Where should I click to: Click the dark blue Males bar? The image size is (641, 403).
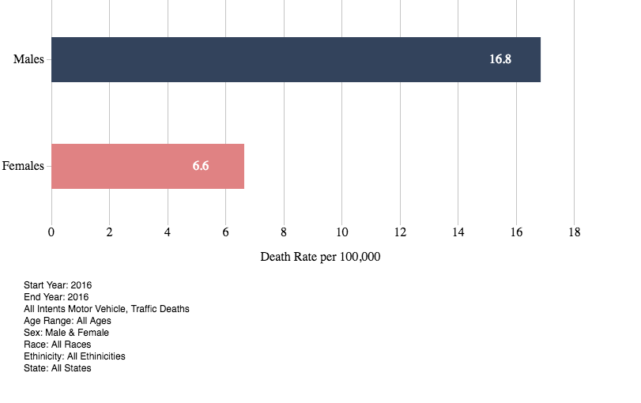296,59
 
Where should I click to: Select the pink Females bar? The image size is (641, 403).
148,166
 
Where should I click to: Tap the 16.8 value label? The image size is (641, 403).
500,59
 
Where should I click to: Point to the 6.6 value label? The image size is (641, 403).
201,166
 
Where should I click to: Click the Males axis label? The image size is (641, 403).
29,59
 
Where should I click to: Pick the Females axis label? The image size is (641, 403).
23,166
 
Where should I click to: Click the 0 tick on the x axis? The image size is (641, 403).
51,232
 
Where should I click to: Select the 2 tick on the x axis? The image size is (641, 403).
109,232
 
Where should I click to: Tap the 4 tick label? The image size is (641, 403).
168,232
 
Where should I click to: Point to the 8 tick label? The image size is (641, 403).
284,232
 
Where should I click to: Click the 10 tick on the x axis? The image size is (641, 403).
342,232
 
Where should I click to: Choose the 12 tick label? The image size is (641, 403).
400,232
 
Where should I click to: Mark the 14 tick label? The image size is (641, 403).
458,232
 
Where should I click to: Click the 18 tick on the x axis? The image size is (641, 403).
575,232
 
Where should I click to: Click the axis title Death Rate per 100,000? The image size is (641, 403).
321,257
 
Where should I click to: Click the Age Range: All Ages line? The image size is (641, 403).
67,321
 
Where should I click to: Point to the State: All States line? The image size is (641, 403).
58,368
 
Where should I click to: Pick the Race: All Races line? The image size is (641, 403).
58,345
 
